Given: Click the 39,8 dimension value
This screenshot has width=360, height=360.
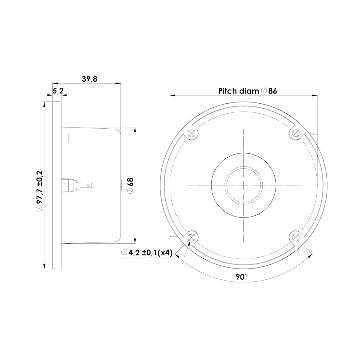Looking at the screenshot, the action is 89,79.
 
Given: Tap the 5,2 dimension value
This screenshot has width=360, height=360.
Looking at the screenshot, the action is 58,91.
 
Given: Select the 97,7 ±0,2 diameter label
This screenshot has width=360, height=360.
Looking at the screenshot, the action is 39,190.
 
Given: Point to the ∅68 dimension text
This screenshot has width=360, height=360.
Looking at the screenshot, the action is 130,185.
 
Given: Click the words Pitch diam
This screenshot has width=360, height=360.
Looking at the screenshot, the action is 239,91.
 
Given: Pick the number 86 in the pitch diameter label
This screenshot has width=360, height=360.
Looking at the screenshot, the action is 273,91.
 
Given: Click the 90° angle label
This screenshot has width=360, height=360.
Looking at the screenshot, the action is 242,276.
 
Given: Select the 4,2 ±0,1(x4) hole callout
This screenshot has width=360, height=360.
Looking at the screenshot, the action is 147,253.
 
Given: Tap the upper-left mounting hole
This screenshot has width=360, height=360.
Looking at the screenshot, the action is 191,133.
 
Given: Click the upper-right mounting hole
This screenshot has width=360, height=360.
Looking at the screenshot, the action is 296,133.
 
